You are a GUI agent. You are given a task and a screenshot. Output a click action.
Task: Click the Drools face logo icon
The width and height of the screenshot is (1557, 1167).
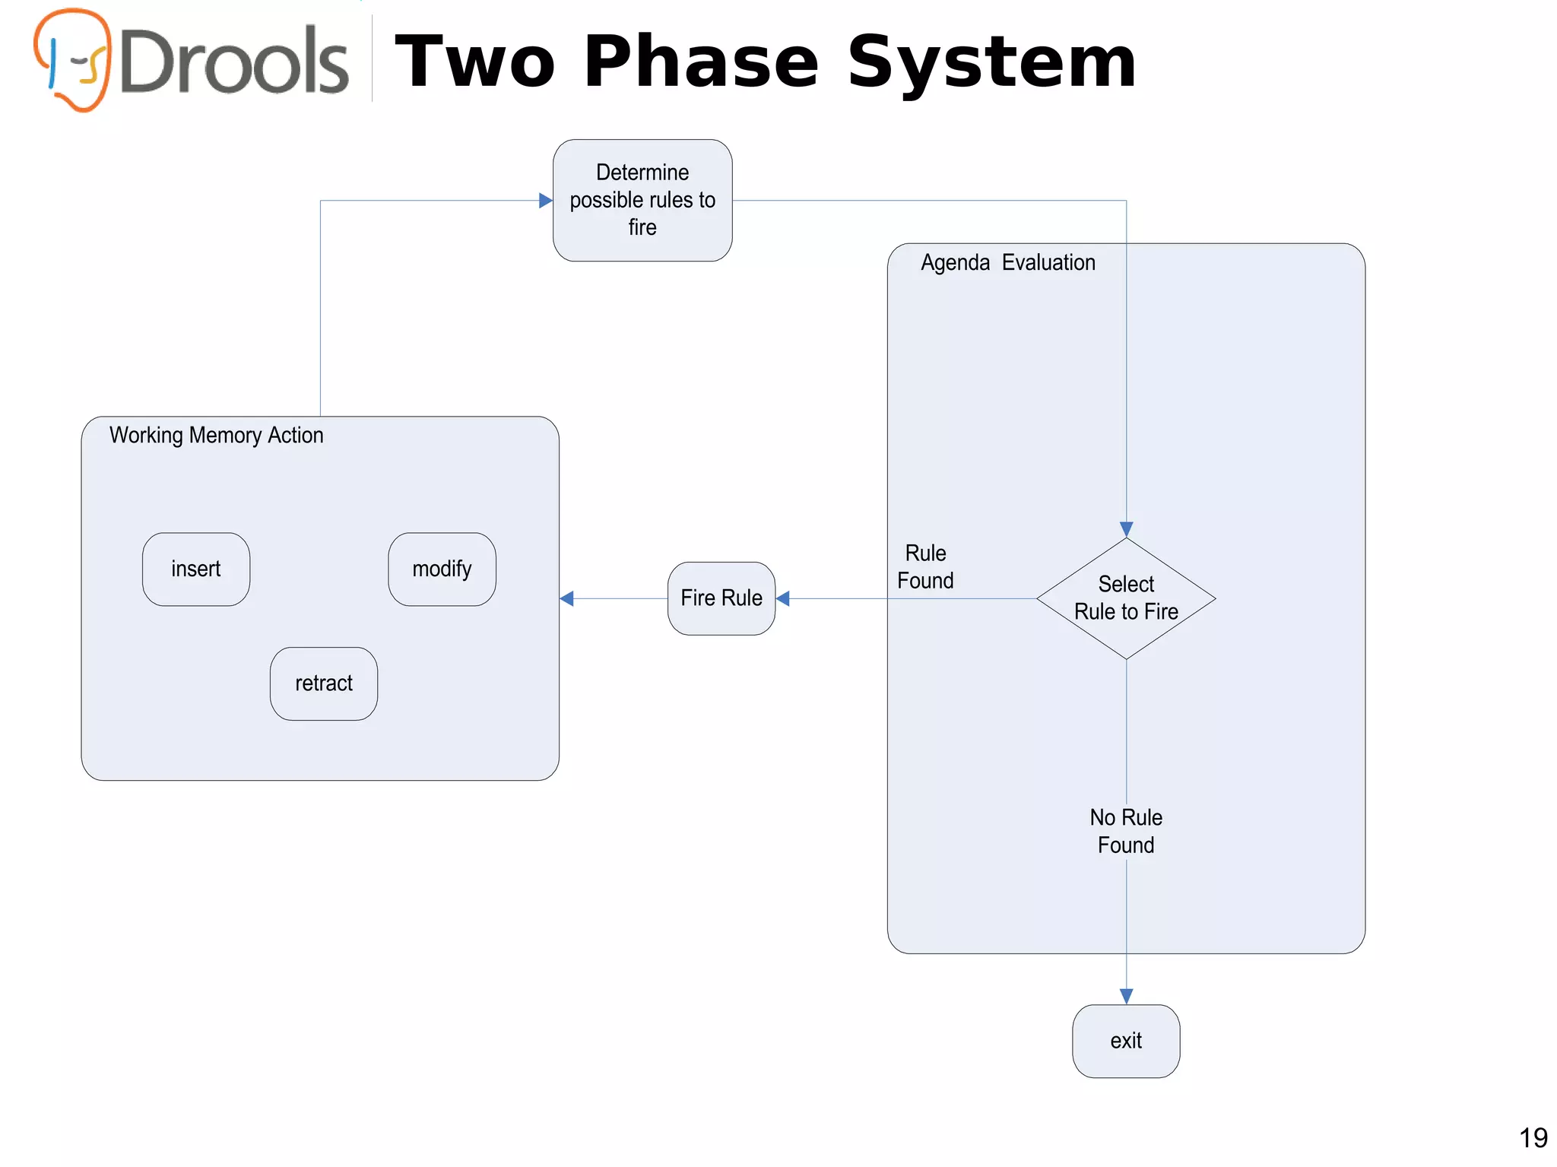click(73, 59)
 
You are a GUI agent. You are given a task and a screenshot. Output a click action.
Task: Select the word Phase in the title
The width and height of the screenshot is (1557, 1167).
click(701, 62)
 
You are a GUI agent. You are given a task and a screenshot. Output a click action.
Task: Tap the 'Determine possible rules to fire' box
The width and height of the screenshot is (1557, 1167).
click(642, 200)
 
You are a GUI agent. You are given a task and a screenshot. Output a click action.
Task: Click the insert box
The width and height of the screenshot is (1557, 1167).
click(196, 569)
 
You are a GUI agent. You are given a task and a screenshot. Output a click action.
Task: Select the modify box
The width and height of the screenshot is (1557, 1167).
click(442, 569)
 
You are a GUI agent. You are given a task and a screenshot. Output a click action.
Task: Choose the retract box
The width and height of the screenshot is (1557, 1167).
click(324, 683)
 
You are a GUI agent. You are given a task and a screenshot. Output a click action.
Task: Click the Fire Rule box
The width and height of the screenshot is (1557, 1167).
click(721, 598)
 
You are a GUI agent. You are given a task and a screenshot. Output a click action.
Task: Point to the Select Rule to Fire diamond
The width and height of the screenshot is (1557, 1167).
click(1126, 598)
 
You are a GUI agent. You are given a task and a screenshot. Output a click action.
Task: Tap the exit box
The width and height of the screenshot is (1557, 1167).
click(1126, 1041)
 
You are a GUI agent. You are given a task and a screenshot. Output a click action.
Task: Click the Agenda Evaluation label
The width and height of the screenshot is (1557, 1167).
click(1008, 263)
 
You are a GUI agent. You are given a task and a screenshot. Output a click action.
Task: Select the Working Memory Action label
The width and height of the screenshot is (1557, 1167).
click(217, 436)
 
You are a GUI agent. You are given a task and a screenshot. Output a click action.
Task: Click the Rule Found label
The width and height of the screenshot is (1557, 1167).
click(925, 566)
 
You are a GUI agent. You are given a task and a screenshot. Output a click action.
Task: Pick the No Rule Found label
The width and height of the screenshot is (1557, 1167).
click(1126, 831)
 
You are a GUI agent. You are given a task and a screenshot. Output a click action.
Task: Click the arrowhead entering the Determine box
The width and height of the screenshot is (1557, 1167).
click(545, 201)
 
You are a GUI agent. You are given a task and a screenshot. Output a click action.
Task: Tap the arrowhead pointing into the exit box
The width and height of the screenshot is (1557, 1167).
click(1126, 996)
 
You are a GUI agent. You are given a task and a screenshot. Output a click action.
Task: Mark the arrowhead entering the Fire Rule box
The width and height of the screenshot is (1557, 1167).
click(783, 599)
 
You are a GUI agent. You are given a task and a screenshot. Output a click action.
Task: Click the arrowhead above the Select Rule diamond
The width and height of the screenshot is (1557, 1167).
click(1126, 529)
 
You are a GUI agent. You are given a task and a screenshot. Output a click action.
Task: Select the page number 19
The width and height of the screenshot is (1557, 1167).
click(1533, 1138)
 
